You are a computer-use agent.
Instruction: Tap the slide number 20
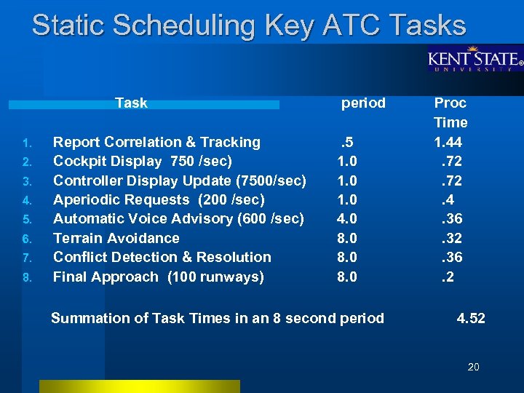tap(473, 367)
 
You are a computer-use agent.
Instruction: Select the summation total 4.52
tap(471, 318)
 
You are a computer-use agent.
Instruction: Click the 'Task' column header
tap(131, 103)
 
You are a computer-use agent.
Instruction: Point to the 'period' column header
tap(363, 103)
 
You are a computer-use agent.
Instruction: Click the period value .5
tap(348, 142)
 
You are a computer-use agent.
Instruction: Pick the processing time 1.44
tap(448, 142)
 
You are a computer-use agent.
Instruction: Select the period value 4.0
tap(346, 218)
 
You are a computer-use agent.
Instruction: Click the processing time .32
tap(451, 238)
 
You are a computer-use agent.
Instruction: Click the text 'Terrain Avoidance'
tap(116, 238)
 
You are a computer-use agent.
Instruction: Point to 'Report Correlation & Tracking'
tap(156, 142)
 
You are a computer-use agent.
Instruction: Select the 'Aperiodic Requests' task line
tap(159, 199)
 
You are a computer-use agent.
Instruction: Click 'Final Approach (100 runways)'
tap(159, 277)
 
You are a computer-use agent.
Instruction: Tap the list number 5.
tap(25, 219)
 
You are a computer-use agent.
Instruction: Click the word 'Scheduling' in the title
tap(184, 25)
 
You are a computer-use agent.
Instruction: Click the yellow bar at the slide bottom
tap(139, 386)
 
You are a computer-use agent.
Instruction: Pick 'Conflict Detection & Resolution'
tap(162, 257)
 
